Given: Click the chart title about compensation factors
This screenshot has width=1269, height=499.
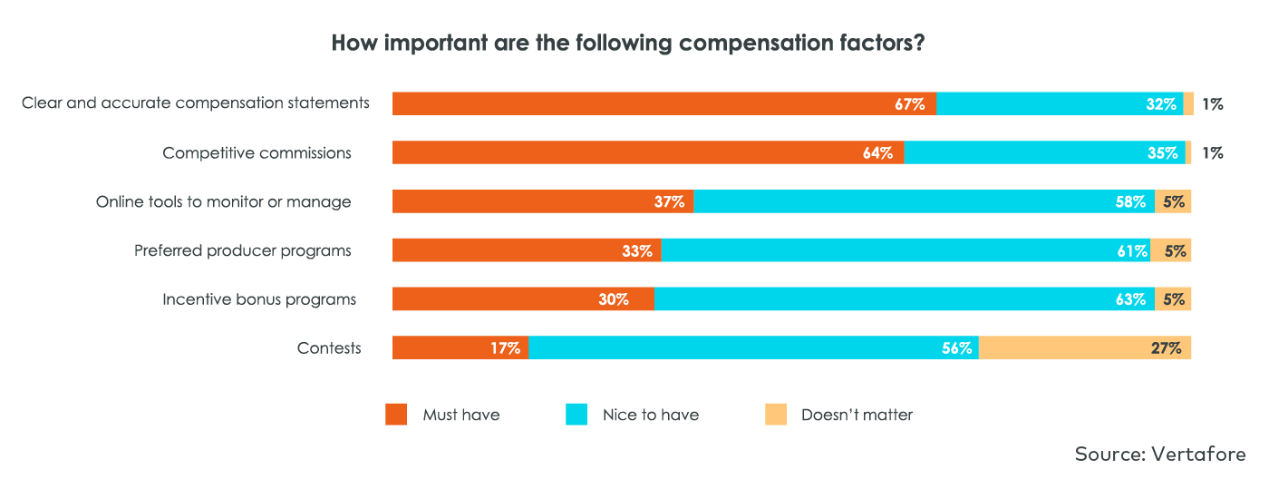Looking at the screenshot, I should coord(627,43).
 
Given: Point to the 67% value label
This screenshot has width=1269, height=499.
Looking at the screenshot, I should coord(909,103).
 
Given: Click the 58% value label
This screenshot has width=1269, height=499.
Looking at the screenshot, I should coord(1130,201).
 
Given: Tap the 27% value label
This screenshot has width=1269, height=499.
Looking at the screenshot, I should coord(1167,347).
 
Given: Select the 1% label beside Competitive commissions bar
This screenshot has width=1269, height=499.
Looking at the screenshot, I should coord(1212,152).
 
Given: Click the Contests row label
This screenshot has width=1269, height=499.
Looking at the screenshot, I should coord(329,347).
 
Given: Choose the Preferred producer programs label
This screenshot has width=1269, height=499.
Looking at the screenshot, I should coord(243,250).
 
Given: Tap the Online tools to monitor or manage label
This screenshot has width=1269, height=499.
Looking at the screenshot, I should coord(223,201).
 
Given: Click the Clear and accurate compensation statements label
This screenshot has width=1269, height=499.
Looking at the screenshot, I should coord(196,103).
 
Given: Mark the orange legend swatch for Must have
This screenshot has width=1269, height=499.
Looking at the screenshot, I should coord(396,415).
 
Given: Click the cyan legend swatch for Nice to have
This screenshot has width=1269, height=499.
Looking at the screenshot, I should coord(576,415).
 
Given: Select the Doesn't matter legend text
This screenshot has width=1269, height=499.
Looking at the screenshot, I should coord(857,415).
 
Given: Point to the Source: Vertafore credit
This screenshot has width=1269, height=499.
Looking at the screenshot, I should coord(1160,454).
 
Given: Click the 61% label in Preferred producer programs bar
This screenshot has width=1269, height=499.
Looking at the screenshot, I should coord(1132,250).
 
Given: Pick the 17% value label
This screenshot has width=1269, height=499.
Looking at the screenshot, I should coord(505,347).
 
